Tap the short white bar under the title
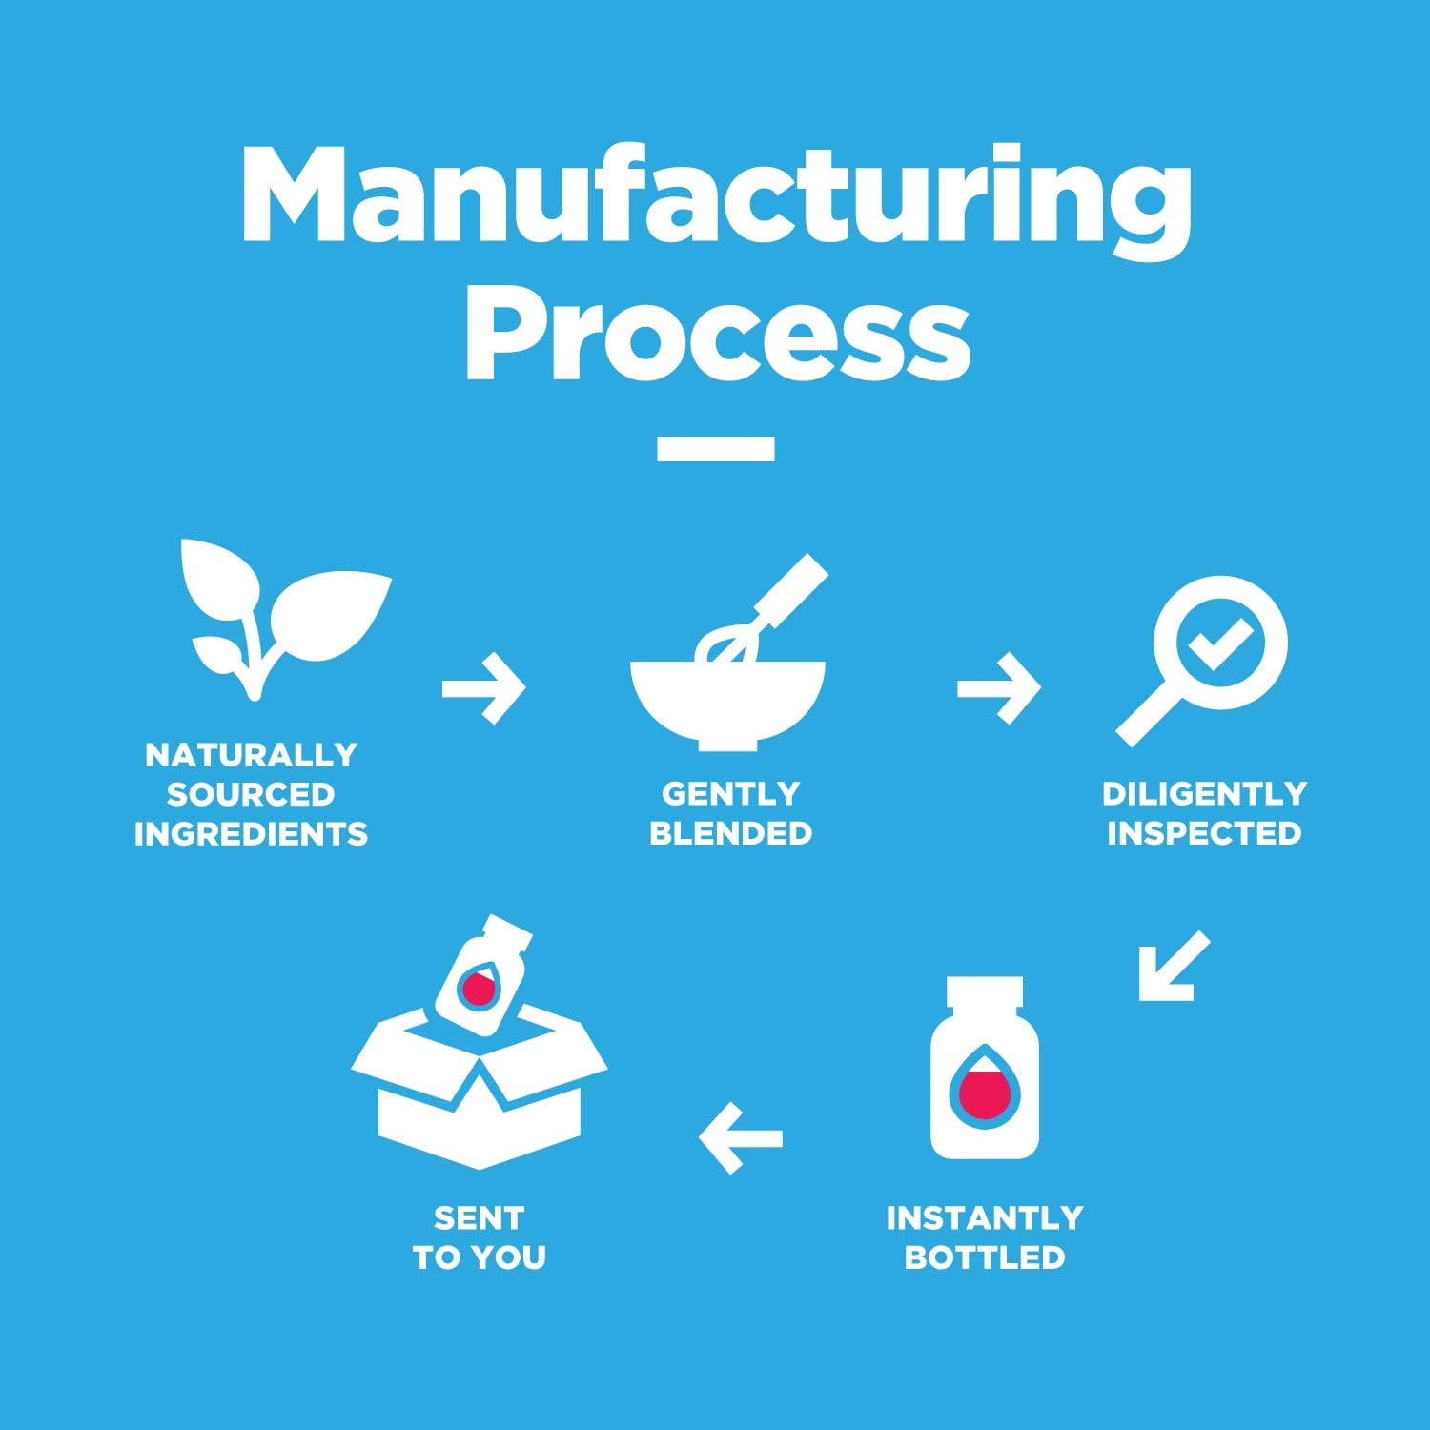pos(715,449)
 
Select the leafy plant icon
pos(276,615)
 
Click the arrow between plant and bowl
pos(483,687)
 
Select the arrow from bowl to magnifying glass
pos(998,687)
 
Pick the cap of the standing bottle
pos(985,991)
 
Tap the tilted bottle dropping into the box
pos(481,977)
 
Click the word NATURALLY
pos(251,755)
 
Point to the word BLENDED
pos(730,833)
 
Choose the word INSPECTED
pos(1203,833)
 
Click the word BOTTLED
pos(984,1257)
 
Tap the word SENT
pos(479,1217)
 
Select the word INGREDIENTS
pos(251,834)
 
